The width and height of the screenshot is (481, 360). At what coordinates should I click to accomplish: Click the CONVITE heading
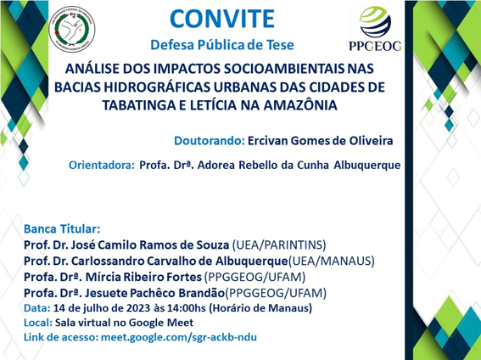click(222, 19)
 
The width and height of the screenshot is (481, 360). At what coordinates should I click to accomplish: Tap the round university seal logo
click(72, 29)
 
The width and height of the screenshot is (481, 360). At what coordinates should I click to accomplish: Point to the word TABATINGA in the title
click(137, 105)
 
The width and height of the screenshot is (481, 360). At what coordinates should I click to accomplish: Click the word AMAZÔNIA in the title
click(300, 105)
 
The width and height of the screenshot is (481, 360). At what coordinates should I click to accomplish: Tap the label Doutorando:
click(210, 141)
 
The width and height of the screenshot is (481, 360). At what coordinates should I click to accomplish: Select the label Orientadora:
click(102, 165)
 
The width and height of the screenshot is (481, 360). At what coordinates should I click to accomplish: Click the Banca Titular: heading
click(62, 229)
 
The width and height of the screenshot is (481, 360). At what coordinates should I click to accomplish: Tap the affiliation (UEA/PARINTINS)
click(279, 245)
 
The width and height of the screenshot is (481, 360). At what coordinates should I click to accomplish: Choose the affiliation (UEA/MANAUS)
click(332, 261)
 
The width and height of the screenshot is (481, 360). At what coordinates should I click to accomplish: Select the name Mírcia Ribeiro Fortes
click(143, 277)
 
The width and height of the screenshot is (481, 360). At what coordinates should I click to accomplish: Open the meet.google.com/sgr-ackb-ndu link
click(179, 337)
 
